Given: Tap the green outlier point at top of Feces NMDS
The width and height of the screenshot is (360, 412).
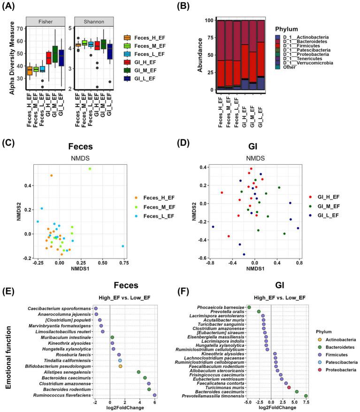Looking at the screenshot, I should pyautogui.click(x=90, y=169).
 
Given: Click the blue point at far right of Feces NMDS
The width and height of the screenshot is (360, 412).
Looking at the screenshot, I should pyautogui.click(x=123, y=246).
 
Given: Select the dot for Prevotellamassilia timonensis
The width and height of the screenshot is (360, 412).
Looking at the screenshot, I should pyautogui.click(x=306, y=396).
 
